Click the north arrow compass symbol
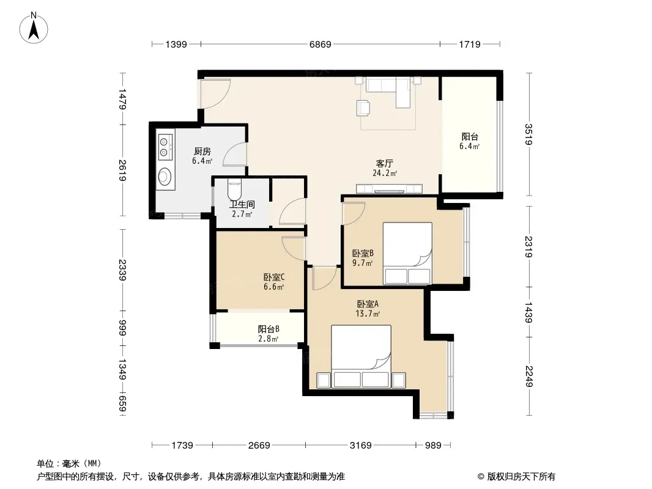click(x=34, y=28)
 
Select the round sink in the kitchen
click(x=165, y=176)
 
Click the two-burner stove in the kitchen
click(x=166, y=147)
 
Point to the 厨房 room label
click(x=202, y=151)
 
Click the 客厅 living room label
click(x=384, y=163)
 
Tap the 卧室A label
click(x=368, y=304)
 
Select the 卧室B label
click(x=363, y=253)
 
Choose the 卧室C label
click(x=274, y=277)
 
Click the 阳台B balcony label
click(x=269, y=329)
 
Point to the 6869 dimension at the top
click(x=320, y=44)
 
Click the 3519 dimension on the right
click(x=528, y=134)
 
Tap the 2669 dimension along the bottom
click(x=259, y=446)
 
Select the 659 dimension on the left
click(x=122, y=403)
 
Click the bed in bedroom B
click(x=407, y=254)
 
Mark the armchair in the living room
click(x=363, y=108)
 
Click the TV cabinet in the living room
click(x=389, y=189)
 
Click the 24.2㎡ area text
click(x=385, y=173)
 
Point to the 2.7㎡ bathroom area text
click(x=242, y=215)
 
